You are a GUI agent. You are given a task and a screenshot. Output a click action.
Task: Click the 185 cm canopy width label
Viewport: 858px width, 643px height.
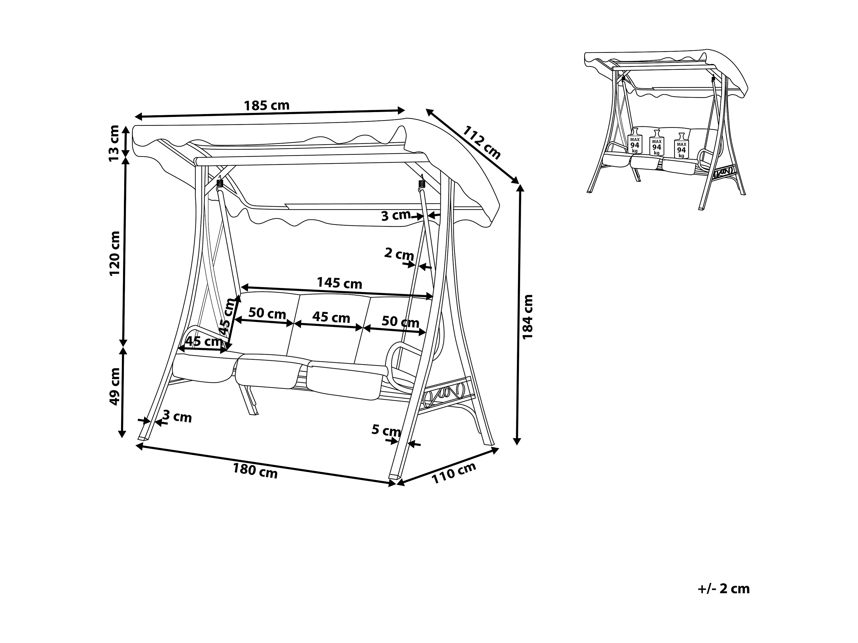(266, 105)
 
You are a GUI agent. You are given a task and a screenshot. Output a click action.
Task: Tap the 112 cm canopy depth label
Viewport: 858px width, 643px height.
(481, 142)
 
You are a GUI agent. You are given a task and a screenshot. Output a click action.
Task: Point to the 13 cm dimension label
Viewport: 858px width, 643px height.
(114, 143)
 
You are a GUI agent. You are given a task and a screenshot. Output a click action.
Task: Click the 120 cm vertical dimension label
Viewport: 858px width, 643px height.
(115, 253)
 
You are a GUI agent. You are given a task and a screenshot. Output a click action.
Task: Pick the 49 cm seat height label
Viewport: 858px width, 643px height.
(115, 386)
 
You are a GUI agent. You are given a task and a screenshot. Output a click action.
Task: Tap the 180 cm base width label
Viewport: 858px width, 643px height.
(255, 471)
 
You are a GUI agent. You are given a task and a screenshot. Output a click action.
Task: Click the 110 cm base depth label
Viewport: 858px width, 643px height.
(454, 473)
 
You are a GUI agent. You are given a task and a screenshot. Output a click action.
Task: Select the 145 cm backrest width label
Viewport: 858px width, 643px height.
(339, 283)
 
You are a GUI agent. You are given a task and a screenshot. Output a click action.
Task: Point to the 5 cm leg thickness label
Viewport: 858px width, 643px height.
(386, 430)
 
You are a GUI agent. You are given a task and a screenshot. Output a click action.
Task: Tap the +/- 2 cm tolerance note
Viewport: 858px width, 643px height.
(723, 588)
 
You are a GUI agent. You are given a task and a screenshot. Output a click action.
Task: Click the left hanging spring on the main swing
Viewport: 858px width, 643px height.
(220, 183)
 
